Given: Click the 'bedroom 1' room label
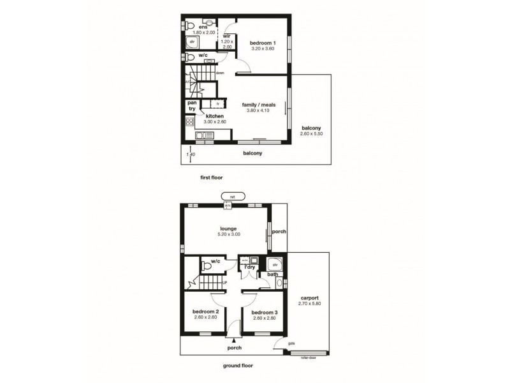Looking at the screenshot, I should pyautogui.click(x=261, y=41).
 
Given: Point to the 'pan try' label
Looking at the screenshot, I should pyautogui.click(x=191, y=105).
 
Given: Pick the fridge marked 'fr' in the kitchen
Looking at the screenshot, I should pyautogui.click(x=217, y=103).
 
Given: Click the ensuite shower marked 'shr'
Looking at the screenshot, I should pyautogui.click(x=192, y=41).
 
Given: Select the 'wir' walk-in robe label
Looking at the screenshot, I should pyautogui.click(x=226, y=36).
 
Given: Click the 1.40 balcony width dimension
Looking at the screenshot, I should pyautogui.click(x=189, y=154).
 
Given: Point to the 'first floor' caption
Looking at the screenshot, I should pyautogui.click(x=210, y=177).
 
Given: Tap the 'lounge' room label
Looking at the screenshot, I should pyautogui.click(x=228, y=228).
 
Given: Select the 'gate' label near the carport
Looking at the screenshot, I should pyautogui.click(x=291, y=343).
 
